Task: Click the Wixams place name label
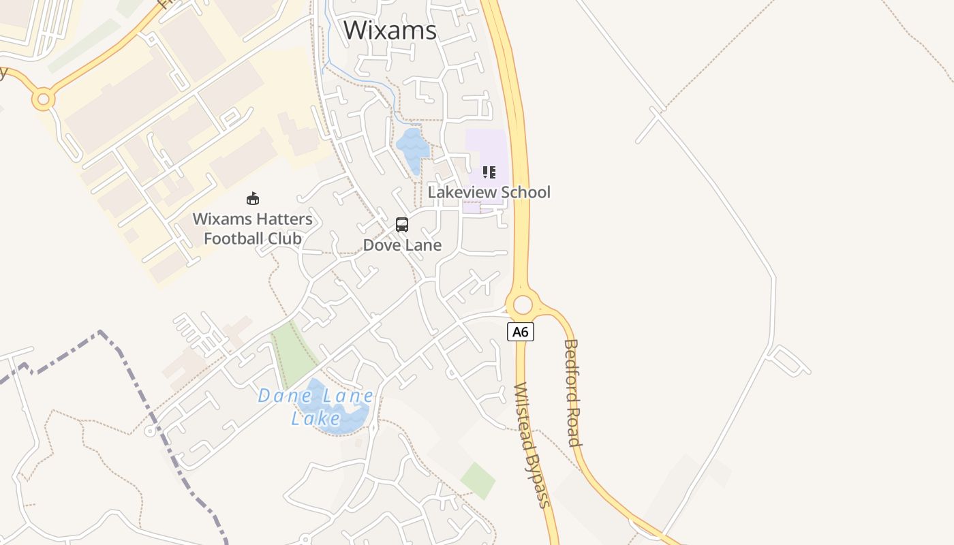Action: click(x=390, y=30)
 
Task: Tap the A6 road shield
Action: click(x=520, y=332)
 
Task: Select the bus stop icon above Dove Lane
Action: click(x=402, y=225)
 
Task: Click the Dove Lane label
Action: click(x=402, y=245)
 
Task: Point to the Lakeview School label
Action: click(x=489, y=192)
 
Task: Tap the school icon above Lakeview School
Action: click(x=489, y=172)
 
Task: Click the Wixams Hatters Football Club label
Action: click(x=253, y=229)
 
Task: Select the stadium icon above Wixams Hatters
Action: click(x=253, y=198)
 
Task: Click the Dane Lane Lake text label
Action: click(x=316, y=407)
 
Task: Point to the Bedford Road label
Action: click(x=572, y=393)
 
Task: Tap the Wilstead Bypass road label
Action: click(x=532, y=446)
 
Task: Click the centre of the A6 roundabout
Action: click(x=523, y=305)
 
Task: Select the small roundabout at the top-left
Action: click(x=43, y=100)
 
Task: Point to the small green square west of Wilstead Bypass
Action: click(x=478, y=480)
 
